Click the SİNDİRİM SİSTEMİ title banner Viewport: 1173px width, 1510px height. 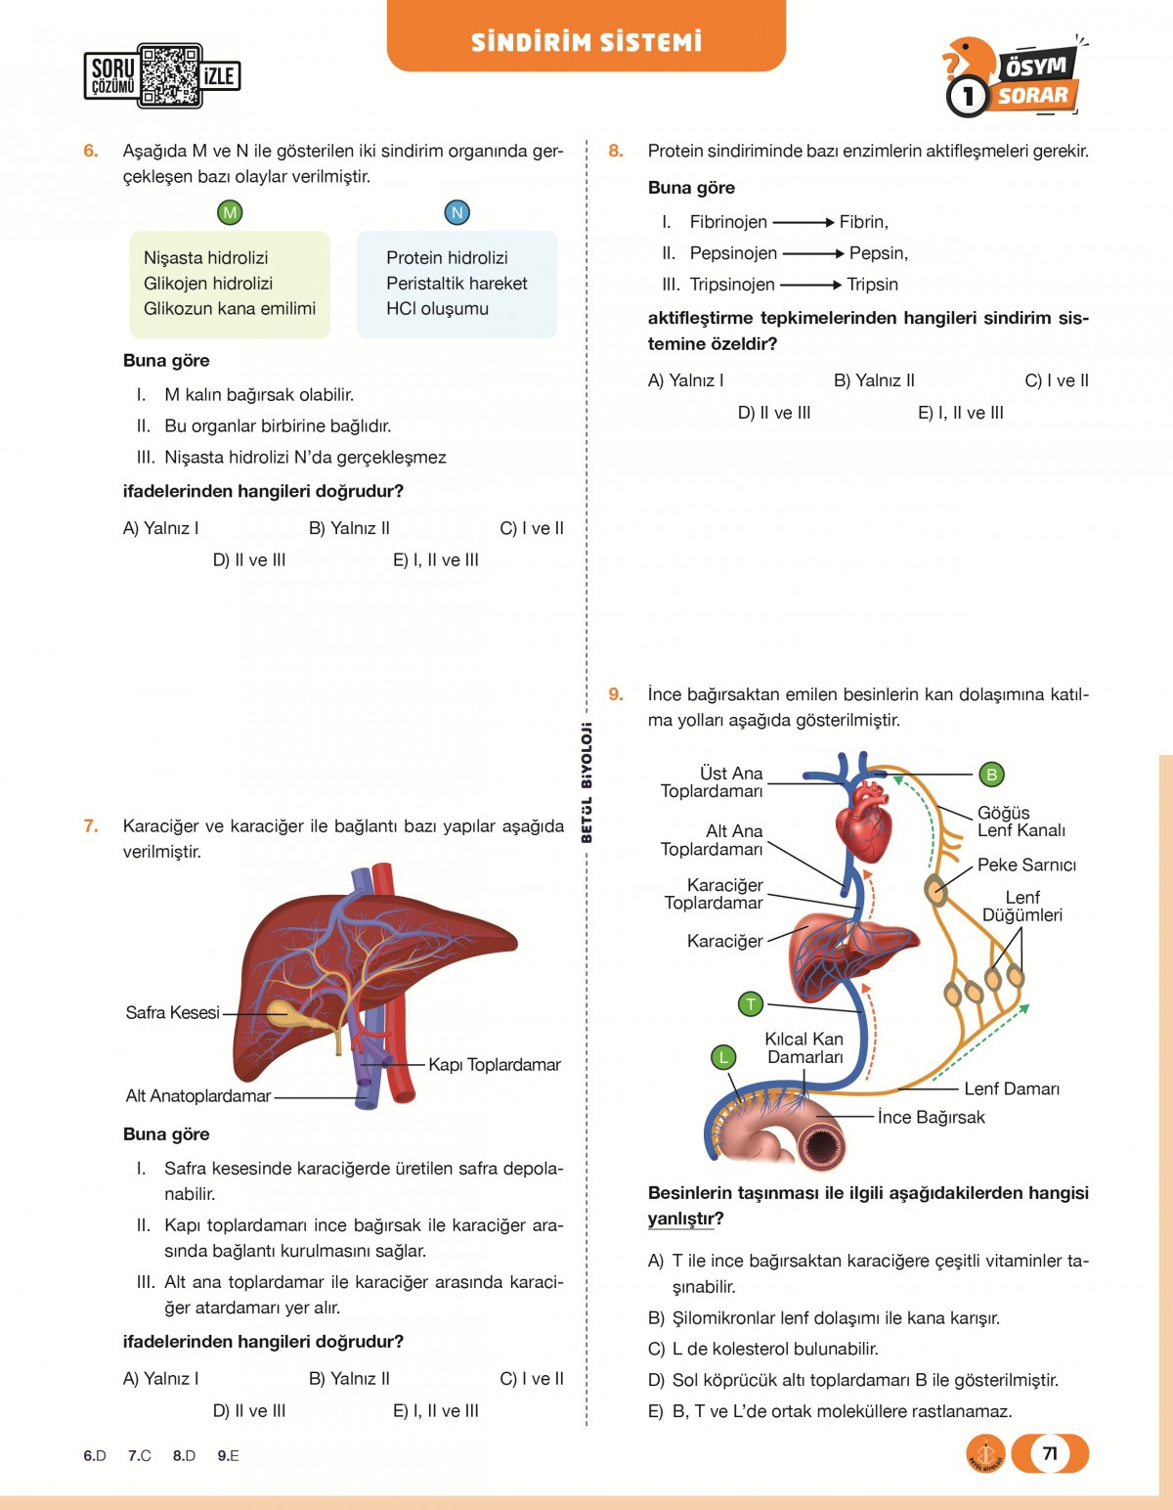(586, 41)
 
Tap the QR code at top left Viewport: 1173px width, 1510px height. (170, 75)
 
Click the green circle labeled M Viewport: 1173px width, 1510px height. (230, 212)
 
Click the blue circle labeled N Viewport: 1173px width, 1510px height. (456, 212)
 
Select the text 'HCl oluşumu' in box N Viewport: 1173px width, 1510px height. (437, 308)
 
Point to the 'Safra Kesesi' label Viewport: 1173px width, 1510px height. (172, 1013)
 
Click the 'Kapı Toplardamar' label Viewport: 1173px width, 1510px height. (494, 1065)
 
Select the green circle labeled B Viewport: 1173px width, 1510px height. (991, 775)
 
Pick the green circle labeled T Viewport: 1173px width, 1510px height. (750, 1003)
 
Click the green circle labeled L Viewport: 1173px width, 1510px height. (722, 1056)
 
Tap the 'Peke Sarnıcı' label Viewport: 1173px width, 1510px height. (1026, 866)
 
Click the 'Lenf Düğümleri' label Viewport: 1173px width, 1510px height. (1021, 907)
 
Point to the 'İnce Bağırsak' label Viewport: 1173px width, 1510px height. (931, 1117)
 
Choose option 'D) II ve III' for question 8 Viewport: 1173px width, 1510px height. (773, 413)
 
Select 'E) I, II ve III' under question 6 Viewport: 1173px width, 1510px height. (435, 560)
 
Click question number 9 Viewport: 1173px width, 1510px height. (616, 694)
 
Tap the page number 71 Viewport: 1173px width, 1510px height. (1050, 1453)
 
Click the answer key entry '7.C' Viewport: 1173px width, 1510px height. (139, 1455)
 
